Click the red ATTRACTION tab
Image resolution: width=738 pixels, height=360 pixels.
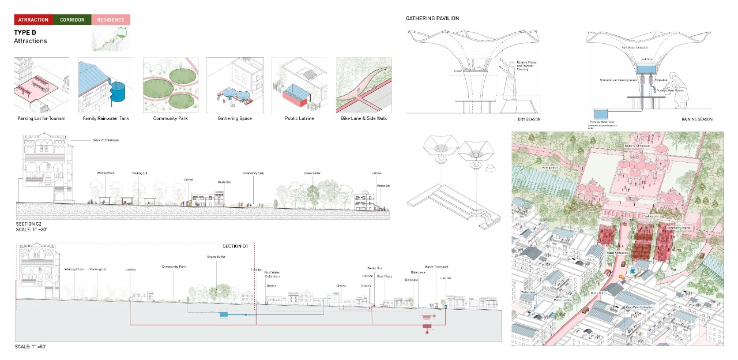coord(33,20)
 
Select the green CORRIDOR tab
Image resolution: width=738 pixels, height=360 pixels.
coord(72,20)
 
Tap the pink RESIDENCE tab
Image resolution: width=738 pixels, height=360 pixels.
coord(111,20)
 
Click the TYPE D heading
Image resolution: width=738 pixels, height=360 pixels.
coord(25,33)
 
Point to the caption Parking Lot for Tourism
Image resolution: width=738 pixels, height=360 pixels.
coord(42,118)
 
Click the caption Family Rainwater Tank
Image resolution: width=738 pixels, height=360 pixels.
coord(106,118)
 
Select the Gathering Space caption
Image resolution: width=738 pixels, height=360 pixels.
coord(235,118)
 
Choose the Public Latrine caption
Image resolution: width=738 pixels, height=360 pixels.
coord(300,118)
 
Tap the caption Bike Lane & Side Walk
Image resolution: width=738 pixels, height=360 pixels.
coord(364,118)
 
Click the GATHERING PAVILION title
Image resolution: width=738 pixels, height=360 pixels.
coord(432,18)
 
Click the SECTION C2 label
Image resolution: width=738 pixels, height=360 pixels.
coord(29,223)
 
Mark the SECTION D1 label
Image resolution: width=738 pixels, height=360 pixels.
coord(235,246)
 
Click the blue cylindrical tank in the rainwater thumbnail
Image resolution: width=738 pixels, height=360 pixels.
coord(119,92)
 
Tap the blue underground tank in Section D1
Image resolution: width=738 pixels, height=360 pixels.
coord(223,314)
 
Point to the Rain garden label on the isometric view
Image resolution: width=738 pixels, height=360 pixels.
coord(549,168)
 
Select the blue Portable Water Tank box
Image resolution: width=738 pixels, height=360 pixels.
coord(600,113)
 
